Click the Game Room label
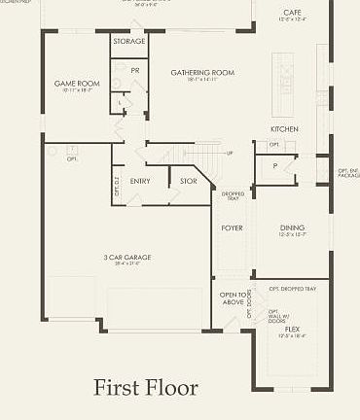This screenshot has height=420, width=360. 76,84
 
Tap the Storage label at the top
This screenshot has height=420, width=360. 128,42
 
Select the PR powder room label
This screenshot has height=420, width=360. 135,71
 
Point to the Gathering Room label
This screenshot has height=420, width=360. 203,72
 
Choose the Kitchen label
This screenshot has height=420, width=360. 284,129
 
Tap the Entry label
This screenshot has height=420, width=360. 140,181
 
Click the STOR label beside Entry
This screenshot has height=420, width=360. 188,181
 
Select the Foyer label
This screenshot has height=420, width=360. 232,227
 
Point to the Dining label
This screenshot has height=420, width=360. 293,227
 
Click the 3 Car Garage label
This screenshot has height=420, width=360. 122,258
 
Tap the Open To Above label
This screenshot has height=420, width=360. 232,298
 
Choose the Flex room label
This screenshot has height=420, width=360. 292,330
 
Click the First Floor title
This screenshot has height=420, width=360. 145,388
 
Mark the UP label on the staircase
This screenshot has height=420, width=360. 230,154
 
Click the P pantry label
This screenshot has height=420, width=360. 275,165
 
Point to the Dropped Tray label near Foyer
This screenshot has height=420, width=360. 233,195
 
